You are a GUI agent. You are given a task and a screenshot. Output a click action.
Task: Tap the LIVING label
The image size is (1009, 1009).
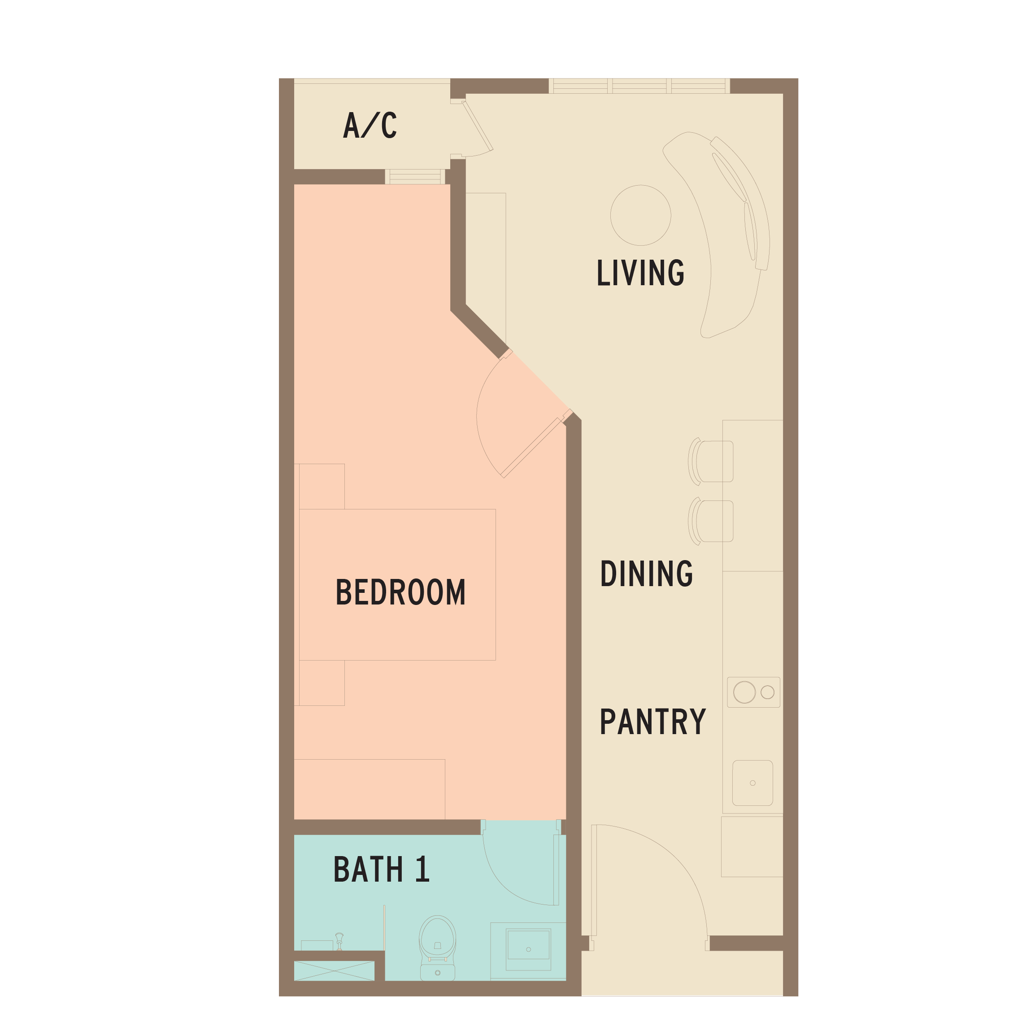(x=640, y=272)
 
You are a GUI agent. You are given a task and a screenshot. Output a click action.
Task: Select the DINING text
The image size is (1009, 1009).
(x=647, y=573)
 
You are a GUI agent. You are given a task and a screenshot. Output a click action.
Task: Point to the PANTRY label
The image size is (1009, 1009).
(x=653, y=721)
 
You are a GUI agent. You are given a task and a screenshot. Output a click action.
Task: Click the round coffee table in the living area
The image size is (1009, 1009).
(x=640, y=215)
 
